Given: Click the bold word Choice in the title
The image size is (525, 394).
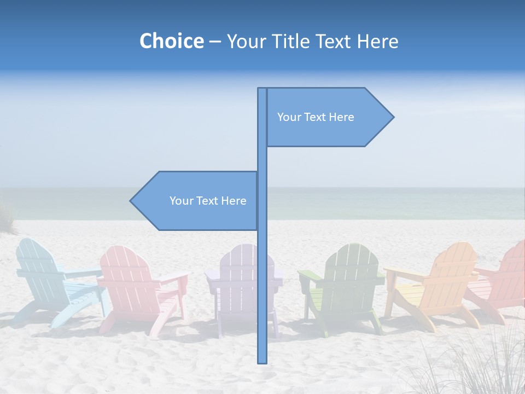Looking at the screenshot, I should [x=171, y=41].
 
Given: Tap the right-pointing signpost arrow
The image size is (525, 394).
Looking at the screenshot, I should [x=328, y=117].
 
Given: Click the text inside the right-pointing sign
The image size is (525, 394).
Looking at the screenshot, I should [x=316, y=117].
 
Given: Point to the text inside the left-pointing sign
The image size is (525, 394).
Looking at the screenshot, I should [x=208, y=201].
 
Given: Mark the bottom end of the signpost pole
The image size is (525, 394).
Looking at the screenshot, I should [x=262, y=361].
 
